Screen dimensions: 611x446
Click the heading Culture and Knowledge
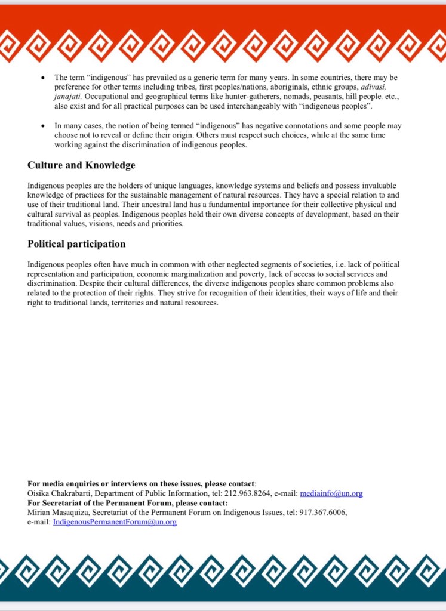pos(81,165)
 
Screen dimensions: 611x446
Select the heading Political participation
pos(76,244)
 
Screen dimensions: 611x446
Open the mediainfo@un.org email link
pos(331,493)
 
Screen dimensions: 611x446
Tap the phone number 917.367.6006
pos(326,513)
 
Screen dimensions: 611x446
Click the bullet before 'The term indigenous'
pos(42,78)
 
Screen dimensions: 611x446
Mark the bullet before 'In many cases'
pos(42,126)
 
